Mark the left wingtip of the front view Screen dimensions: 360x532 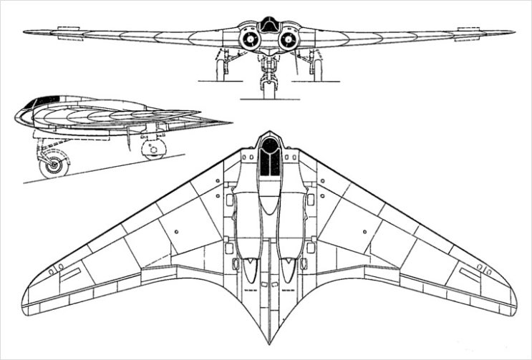point(25,31)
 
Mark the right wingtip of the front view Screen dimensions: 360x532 point(513,31)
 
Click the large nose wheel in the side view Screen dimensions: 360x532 point(52,167)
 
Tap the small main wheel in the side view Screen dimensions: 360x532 point(150,149)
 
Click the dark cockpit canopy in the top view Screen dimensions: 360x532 point(269,157)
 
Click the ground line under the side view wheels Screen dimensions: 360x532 point(107,167)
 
